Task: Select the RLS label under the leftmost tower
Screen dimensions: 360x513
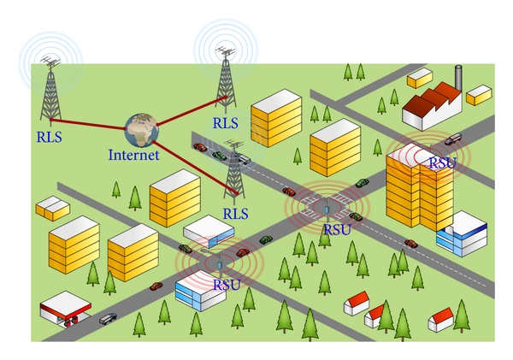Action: pos(50,135)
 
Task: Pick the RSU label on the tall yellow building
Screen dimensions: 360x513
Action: pos(442,162)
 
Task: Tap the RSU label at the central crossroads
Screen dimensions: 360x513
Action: pos(337,228)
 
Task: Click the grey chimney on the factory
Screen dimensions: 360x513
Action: pos(458,76)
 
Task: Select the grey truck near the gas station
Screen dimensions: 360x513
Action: pos(108,319)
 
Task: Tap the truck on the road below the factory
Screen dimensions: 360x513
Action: pos(453,139)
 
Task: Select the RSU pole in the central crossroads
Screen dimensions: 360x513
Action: pos(327,206)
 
